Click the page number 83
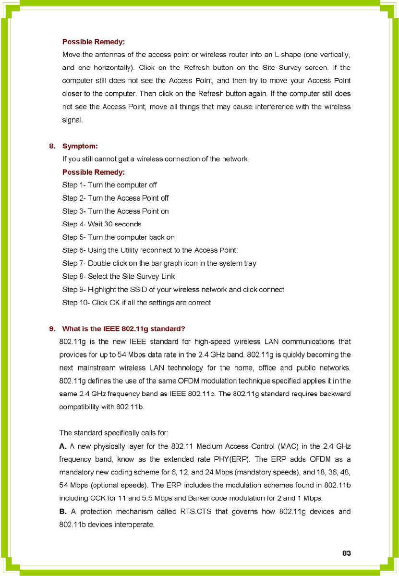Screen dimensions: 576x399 [347, 553]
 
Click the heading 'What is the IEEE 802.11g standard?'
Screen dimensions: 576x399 [124, 329]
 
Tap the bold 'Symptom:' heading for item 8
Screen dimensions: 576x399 [80, 145]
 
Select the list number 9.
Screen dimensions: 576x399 [52, 329]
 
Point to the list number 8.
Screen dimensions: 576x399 [52, 145]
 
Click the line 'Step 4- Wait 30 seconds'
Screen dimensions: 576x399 [102, 224]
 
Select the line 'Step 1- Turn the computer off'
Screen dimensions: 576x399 [109, 185]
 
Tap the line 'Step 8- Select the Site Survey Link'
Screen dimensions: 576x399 [119, 277]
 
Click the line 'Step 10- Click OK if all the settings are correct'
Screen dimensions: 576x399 [136, 303]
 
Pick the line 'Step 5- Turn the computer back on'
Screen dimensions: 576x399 [118, 237]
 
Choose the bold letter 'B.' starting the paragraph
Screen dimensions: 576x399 [63, 512]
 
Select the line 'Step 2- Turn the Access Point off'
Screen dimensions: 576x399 [115, 198]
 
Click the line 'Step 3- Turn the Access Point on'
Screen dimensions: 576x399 [115, 211]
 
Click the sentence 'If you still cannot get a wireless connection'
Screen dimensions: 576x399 [155, 159]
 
